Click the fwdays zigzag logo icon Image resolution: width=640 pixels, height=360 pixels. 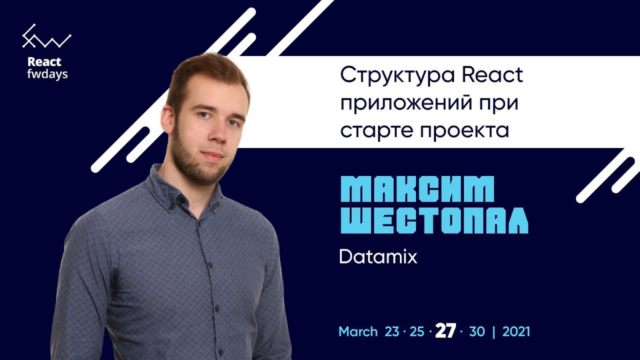pos(46,36)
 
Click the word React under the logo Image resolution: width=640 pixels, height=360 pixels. pos(44,61)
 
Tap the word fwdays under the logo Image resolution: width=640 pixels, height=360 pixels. pos(47,74)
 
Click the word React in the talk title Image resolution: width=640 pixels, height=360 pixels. pos(492,75)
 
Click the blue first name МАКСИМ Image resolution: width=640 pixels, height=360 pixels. pos(417,189)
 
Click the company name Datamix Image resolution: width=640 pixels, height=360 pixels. pos(378,256)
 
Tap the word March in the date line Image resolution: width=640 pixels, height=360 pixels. pos(358,331)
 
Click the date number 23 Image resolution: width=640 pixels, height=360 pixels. pos(391,331)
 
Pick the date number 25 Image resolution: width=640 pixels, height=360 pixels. pos(417,331)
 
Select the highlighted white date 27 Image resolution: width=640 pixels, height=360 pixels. pos(445,331)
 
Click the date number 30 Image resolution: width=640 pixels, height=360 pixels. pos(477,331)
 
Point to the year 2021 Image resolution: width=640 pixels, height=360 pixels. pos(516,331)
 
